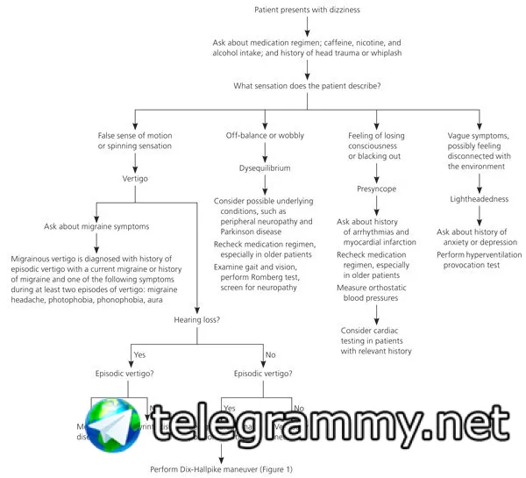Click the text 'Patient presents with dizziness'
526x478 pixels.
click(307, 11)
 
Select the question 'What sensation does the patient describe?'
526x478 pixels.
click(307, 86)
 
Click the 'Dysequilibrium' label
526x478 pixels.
click(264, 167)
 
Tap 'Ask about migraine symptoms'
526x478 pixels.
click(96, 226)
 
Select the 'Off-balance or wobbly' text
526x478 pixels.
click(265, 134)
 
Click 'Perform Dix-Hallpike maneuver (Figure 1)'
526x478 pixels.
click(220, 469)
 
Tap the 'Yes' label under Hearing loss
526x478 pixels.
click(139, 354)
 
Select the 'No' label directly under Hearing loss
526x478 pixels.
click(271, 354)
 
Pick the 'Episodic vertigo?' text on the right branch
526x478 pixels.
click(264, 374)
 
